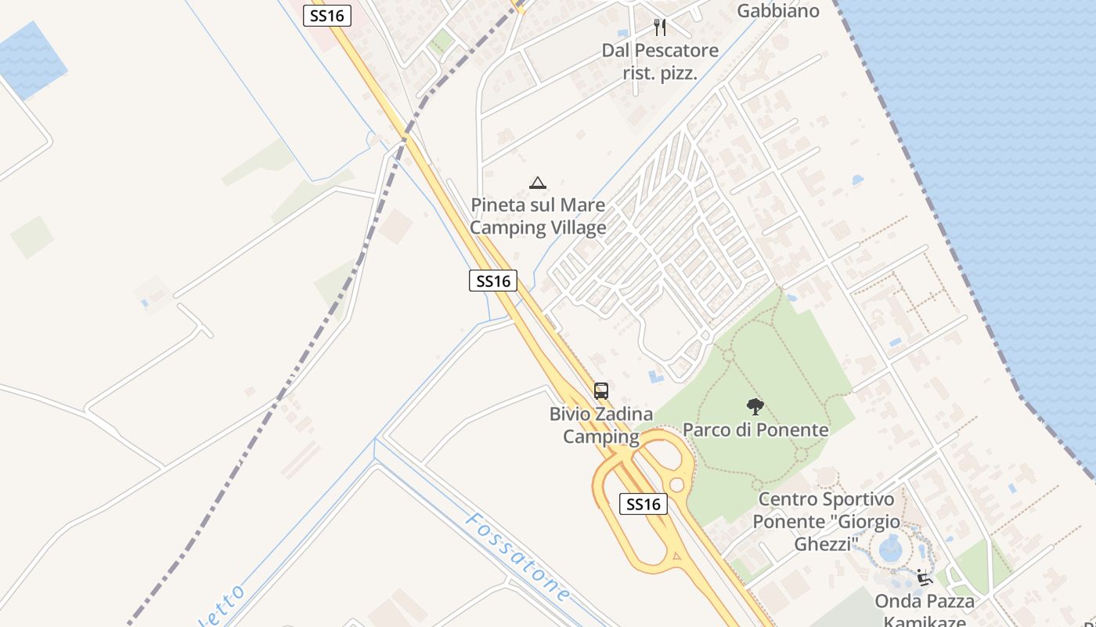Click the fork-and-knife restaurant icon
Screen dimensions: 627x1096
(660, 27)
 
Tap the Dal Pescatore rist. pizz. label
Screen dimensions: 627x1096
(660, 62)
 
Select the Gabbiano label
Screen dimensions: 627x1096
(778, 10)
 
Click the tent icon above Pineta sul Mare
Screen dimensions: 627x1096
(537, 183)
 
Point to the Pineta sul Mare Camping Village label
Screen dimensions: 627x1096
(539, 216)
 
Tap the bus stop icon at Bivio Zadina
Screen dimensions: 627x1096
(600, 390)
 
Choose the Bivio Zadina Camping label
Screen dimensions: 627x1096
(601, 425)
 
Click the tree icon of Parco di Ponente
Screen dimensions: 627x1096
(755, 406)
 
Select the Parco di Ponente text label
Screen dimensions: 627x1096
(755, 429)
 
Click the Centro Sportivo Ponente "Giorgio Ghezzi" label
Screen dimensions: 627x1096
(826, 521)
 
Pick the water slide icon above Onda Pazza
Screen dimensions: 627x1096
(925, 578)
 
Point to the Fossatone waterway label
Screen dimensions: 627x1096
(517, 557)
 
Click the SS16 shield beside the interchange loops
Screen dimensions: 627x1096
(644, 504)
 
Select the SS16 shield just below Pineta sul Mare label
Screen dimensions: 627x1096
(493, 281)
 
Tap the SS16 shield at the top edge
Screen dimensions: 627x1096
(327, 16)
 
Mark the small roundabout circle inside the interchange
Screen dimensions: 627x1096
(676, 485)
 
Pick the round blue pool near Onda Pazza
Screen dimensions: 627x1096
(891, 548)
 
